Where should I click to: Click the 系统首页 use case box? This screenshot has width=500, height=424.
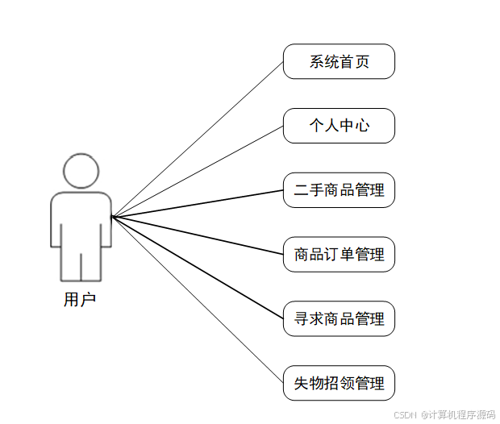pyautogui.click(x=339, y=61)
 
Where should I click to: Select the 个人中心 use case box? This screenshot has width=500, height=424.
pyautogui.click(x=339, y=126)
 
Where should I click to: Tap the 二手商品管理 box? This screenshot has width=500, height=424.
pyautogui.click(x=339, y=190)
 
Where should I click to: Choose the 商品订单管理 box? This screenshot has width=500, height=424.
pyautogui.click(x=339, y=255)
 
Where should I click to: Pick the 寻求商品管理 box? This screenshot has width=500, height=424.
pyautogui.click(x=339, y=318)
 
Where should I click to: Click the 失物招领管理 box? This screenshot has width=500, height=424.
pyautogui.click(x=339, y=383)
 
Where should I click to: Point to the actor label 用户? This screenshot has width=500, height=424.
pyautogui.click(x=80, y=300)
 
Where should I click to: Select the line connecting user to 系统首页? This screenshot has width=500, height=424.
pyautogui.click(x=198, y=139)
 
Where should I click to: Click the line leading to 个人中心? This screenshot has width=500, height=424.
pyautogui.click(x=198, y=171)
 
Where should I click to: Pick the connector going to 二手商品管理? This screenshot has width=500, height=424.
pyautogui.click(x=198, y=203)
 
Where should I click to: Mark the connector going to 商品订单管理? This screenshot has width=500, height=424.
pyautogui.click(x=198, y=235)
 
